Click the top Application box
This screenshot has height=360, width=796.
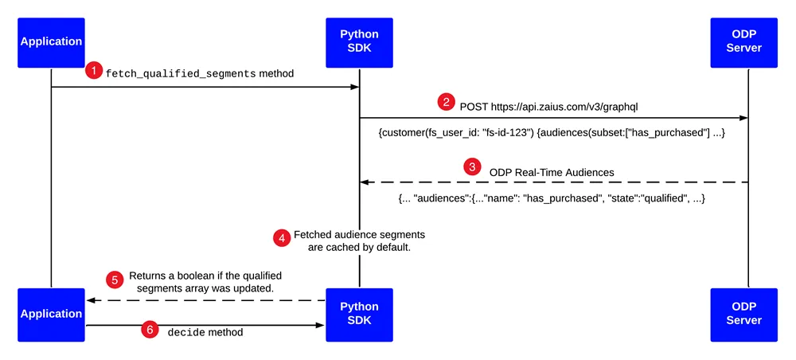coord(51,43)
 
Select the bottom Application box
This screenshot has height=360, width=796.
coord(51,315)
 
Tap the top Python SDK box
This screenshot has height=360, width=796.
coord(359,43)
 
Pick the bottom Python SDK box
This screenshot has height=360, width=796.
coord(359,315)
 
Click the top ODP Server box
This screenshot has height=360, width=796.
coord(743,43)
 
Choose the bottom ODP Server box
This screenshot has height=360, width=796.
coord(743,315)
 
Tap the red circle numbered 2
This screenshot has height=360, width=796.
coord(447,102)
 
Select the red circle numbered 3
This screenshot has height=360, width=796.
coord(473,167)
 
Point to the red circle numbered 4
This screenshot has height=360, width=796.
coord(281,239)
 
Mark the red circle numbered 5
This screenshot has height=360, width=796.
coord(114,280)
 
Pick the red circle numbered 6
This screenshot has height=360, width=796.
coord(150,330)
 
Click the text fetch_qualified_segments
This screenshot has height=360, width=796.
coord(181,73)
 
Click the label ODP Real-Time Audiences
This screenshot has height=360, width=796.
coord(552,173)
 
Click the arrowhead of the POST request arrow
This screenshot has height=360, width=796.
coord(743,118)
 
